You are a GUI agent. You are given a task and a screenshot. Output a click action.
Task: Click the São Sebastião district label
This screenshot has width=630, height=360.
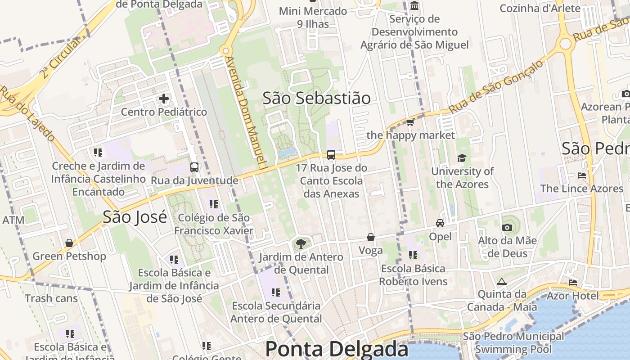coord(316,98)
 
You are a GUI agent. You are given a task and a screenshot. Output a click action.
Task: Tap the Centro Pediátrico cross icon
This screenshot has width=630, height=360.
coord(164,98)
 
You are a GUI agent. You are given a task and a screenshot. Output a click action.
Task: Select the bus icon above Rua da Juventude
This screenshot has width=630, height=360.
coord(194,167)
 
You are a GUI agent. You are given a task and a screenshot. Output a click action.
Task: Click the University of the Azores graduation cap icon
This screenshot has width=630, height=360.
coord(462,158)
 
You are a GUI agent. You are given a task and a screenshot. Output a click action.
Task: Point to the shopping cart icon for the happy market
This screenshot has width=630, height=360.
coord(410,122)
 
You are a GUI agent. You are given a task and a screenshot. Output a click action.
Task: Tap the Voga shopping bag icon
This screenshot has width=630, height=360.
coord(371,237)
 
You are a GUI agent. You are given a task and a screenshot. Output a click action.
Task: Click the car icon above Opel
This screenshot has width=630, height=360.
coord(440,223)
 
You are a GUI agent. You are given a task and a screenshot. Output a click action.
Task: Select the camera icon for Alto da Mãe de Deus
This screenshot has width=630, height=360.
coord(507,227)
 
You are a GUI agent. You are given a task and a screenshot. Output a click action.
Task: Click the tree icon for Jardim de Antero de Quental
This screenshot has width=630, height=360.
coord(301,244)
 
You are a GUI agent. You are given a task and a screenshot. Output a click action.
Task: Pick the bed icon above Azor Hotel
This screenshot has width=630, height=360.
coord(573,283)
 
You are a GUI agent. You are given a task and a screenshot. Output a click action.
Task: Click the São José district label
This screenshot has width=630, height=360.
coord(135,217)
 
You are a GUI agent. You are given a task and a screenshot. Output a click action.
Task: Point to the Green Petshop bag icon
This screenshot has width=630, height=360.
coord(69,243)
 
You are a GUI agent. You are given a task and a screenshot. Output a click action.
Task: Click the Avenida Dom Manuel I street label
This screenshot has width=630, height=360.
coord(246,112)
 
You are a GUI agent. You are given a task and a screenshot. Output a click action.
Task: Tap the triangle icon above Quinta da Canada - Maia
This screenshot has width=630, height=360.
coord(502,282)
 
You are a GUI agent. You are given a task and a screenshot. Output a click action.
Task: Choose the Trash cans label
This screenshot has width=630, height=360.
coord(51,298)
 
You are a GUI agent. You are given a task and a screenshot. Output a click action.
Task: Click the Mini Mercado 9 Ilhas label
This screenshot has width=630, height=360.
coord(313,17)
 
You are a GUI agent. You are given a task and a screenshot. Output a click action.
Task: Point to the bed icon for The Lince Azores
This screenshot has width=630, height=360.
coord(582,175)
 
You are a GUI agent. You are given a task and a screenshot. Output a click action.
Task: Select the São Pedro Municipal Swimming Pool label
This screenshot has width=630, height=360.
coord(513,342)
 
